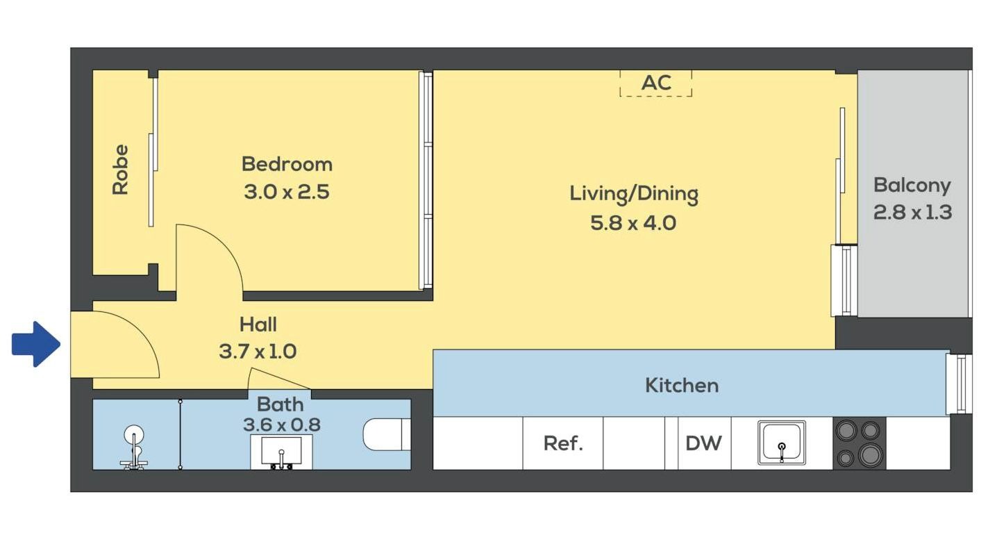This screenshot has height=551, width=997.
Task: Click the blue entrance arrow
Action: click(x=35, y=345)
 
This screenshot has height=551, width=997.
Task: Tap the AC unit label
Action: click(x=656, y=83)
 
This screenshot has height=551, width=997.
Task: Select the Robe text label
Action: click(x=120, y=170)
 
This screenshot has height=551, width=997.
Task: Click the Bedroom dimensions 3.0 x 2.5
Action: click(x=287, y=192)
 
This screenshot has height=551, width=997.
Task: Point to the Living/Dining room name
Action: click(x=634, y=195)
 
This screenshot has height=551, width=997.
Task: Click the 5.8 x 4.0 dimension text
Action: click(x=633, y=223)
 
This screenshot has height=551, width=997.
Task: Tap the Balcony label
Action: click(x=912, y=186)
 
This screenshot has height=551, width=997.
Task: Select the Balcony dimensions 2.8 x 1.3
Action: click(x=912, y=212)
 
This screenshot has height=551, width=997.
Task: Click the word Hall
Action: click(x=258, y=324)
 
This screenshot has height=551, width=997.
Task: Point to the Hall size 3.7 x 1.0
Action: click(x=258, y=352)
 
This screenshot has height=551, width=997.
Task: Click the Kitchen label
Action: click(x=682, y=386)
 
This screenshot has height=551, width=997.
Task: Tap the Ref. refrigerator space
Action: click(x=563, y=443)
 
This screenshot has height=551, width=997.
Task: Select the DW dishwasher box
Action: click(x=704, y=443)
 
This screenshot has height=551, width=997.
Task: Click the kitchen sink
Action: click(x=782, y=443)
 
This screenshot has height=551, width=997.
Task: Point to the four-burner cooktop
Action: click(x=859, y=443)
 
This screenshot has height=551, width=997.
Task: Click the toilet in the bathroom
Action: click(x=387, y=434)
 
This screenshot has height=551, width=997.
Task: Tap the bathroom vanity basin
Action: click(x=281, y=452)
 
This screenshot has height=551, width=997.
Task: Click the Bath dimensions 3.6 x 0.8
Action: click(x=282, y=425)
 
